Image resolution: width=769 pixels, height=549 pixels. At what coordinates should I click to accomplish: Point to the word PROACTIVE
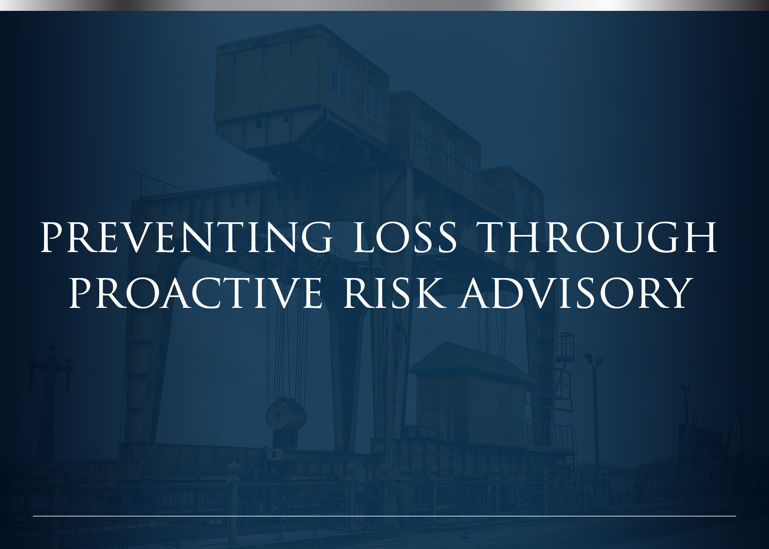(x=195, y=293)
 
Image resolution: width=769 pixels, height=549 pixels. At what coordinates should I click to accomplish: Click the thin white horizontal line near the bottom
(x=384, y=516)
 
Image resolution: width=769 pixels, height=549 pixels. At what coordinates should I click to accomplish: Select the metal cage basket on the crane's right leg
(x=565, y=347)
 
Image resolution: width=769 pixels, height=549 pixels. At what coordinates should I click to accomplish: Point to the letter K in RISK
(x=430, y=293)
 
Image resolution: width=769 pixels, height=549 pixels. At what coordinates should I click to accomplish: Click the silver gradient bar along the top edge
(x=384, y=5)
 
